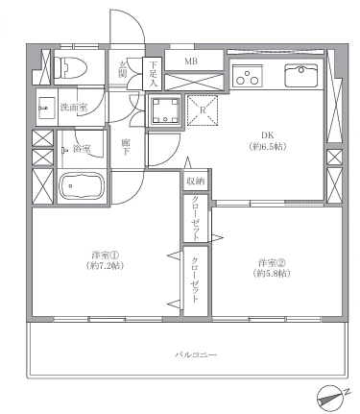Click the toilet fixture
click(x=71, y=67)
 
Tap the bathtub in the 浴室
click(x=83, y=185)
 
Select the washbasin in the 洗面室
click(x=44, y=108)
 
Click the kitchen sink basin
click(x=300, y=76)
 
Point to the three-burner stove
click(x=247, y=76)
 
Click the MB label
click(x=191, y=61)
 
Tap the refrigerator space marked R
click(x=203, y=110)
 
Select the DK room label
click(x=268, y=135)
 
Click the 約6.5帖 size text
click(x=268, y=147)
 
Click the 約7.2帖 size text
click(x=106, y=266)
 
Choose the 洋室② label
click(x=272, y=263)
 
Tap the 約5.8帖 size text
click(x=272, y=274)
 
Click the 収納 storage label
click(x=196, y=182)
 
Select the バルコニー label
click(x=196, y=354)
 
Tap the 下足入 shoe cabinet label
click(x=154, y=74)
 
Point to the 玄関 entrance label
click(x=123, y=69)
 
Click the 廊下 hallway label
click(x=126, y=147)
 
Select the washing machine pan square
click(x=165, y=110)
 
